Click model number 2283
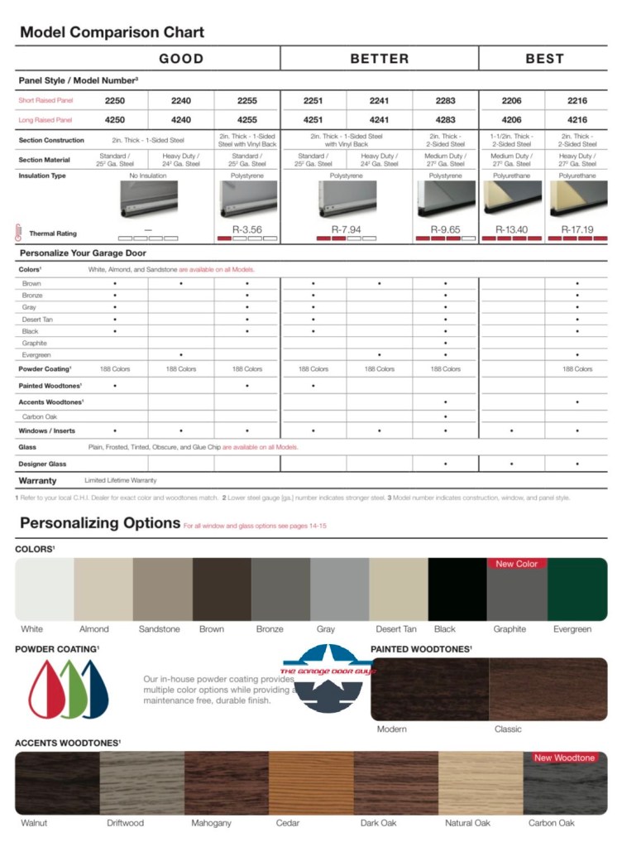point(445,100)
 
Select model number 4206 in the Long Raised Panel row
point(511,120)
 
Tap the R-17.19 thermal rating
point(577,229)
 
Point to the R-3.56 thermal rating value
point(246,229)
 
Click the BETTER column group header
point(380,59)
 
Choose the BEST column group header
point(544,59)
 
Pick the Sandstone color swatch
point(162,590)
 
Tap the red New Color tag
point(516,564)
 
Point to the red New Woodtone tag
point(565,758)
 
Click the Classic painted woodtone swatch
point(548,689)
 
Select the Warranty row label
point(38,480)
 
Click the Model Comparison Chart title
point(112,33)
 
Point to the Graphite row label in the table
point(35,343)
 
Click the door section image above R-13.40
point(511,199)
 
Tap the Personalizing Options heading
point(100,522)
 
